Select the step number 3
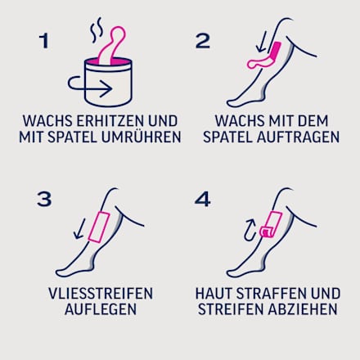pos(44,199)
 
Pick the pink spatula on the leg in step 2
pos(271,56)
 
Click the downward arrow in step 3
pos(79,226)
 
